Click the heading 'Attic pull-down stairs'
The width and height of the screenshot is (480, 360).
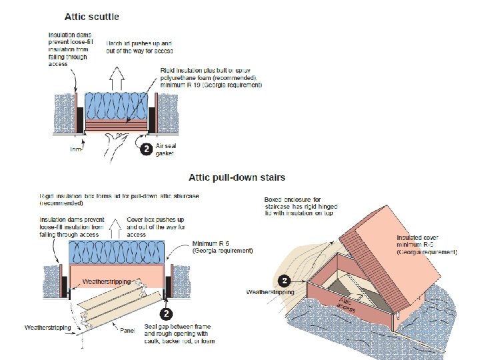coord(237,177)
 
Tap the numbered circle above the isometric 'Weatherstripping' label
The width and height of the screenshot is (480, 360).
coord(285,281)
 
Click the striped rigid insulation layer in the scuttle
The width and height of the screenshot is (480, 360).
coord(115,124)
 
